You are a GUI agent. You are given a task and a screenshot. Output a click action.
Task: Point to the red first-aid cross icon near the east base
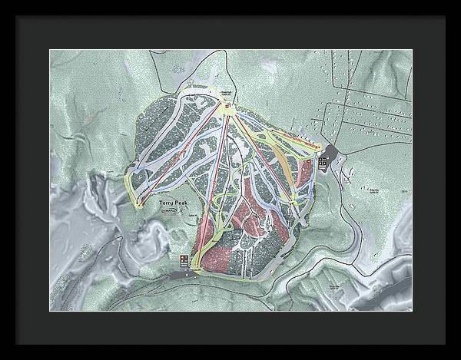pyautogui.click(x=307, y=162)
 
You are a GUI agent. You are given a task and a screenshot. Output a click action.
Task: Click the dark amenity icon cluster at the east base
pyautogui.click(x=323, y=163)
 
